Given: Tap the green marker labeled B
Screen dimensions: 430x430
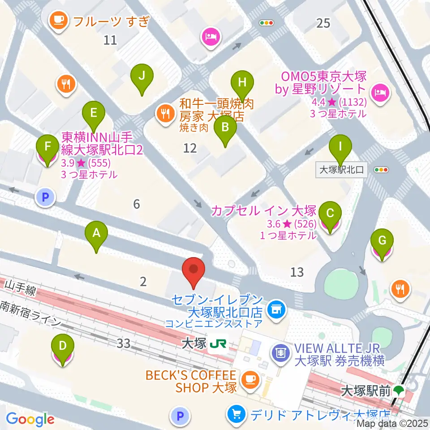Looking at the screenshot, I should pyautogui.click(x=225, y=128).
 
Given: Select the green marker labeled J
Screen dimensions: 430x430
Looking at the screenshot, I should pyautogui.click(x=142, y=76).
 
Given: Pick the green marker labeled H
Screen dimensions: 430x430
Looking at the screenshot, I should pyautogui.click(x=242, y=83).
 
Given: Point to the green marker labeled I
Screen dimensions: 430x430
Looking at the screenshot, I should pyautogui.click(x=340, y=146).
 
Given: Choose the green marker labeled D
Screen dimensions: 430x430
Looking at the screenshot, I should pyautogui.click(x=63, y=346).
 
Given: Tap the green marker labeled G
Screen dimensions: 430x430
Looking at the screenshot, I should pyautogui.click(x=382, y=241).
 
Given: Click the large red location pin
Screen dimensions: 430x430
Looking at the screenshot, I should pyautogui.click(x=194, y=271).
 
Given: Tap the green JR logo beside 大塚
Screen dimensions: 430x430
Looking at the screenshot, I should pyautogui.click(x=219, y=344).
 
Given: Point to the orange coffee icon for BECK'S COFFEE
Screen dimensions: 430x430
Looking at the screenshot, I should pyautogui.click(x=248, y=380).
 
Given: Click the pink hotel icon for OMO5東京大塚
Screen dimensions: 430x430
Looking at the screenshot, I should pyautogui.click(x=382, y=92).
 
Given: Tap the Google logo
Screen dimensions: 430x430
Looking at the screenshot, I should pyautogui.click(x=30, y=419).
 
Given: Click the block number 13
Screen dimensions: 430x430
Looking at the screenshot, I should pyautogui.click(x=297, y=272).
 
